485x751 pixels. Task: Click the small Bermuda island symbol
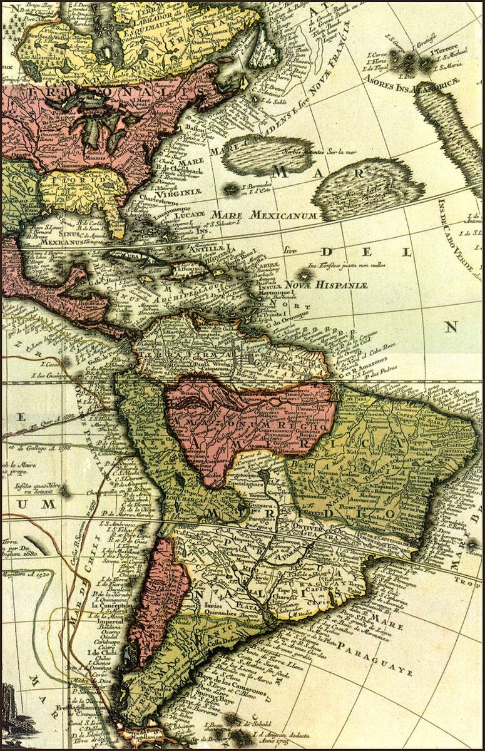233,188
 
